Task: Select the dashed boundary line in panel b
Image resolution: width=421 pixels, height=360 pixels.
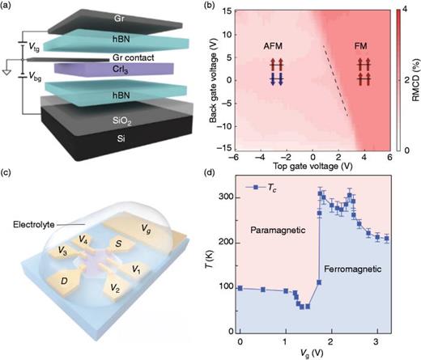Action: point(336,81)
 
